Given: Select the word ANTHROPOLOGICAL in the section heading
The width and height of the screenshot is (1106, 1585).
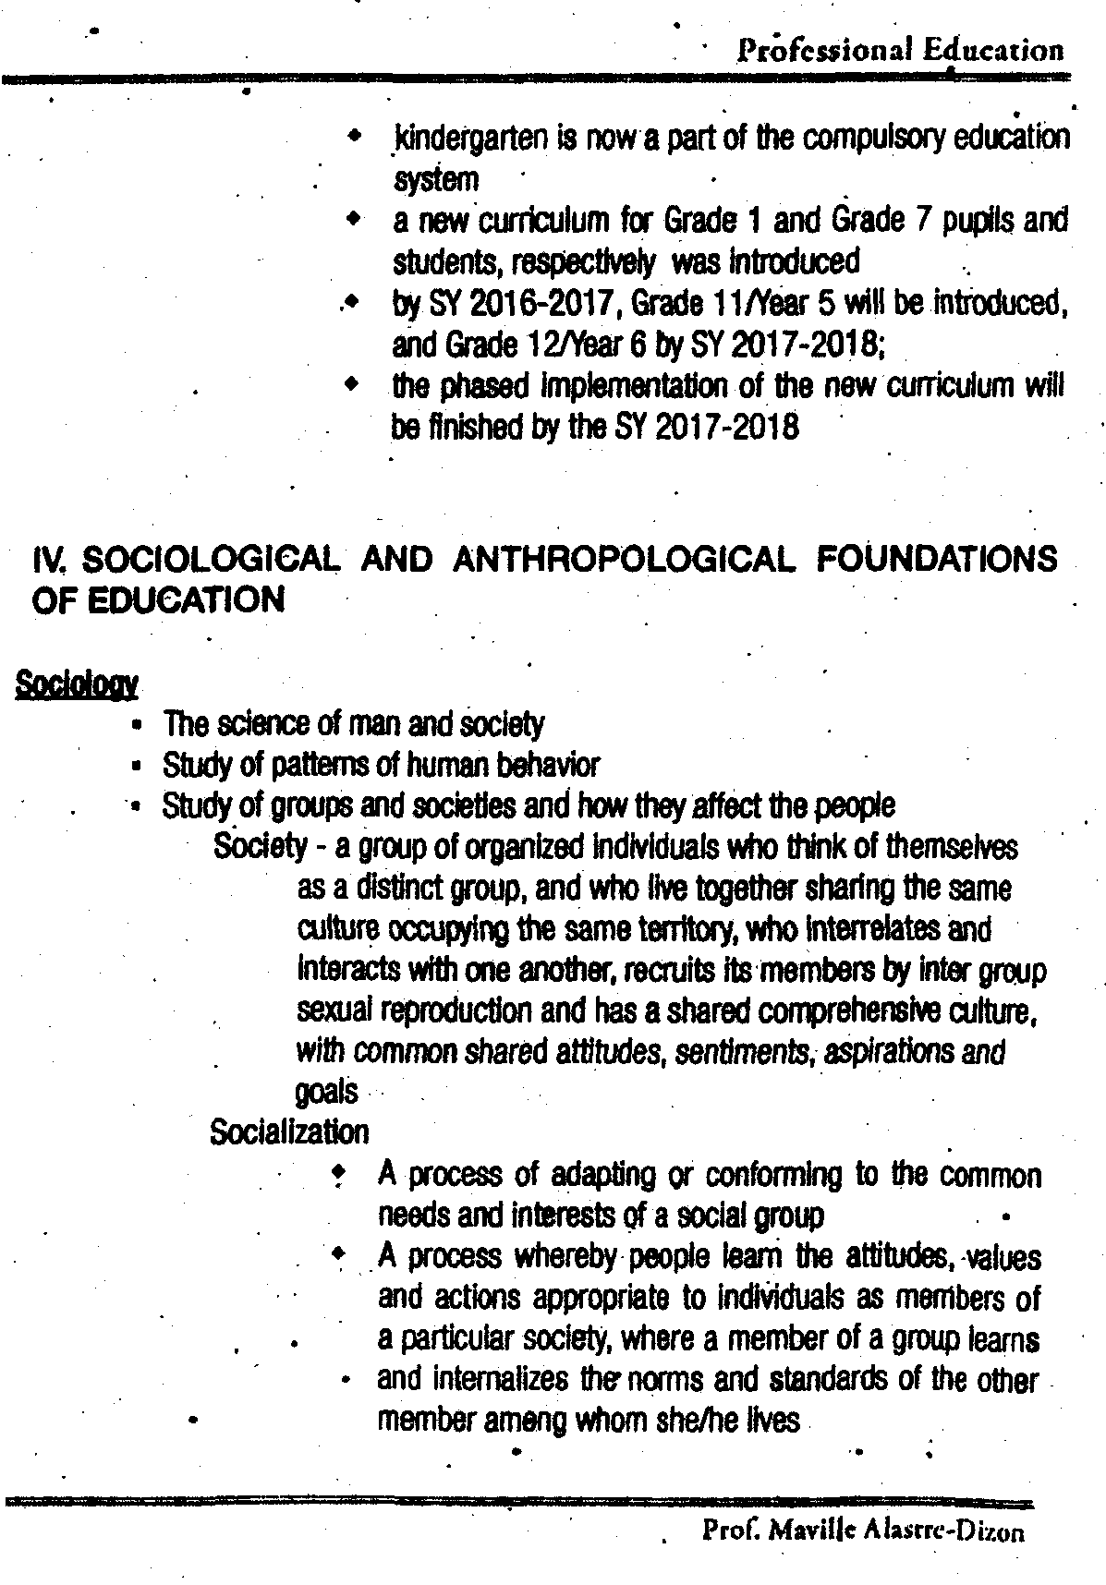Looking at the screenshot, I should pos(621,560).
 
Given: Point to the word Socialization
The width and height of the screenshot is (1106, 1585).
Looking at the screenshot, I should pos(289,1131).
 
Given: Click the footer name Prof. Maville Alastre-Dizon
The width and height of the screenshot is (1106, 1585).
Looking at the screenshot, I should pos(863,1532).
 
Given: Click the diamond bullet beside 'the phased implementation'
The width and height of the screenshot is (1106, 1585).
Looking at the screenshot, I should pos(351,381).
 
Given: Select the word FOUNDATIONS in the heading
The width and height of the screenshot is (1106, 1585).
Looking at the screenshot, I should pos(937,560).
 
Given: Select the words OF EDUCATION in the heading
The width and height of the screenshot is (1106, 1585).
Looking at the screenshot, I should pos(158,601).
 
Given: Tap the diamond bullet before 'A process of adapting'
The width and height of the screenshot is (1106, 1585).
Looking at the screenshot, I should pos(339,1174).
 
